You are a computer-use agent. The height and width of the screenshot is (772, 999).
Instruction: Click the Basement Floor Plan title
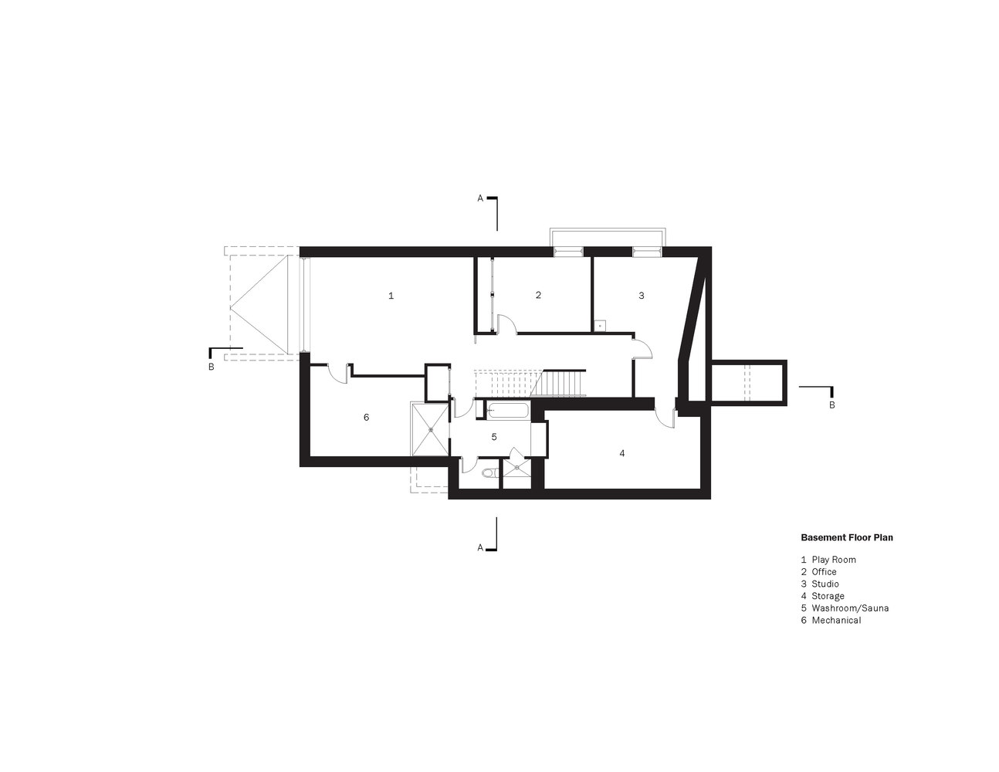coord(847,537)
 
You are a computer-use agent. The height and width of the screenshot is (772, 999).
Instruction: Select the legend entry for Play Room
coord(828,560)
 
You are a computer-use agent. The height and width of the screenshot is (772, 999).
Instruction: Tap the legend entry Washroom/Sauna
coord(845,608)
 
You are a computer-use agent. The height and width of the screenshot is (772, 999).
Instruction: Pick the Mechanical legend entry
coord(831,621)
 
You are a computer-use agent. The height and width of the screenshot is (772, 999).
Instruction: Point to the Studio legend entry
coord(820,584)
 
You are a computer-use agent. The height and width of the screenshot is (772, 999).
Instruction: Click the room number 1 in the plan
coord(391,296)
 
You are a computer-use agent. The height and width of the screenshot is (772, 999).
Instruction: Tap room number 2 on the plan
coord(538,295)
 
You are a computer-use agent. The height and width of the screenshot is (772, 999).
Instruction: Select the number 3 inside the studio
coord(642,296)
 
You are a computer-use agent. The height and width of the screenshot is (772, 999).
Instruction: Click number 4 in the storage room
coord(622,454)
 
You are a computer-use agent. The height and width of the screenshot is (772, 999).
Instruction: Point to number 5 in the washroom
coord(494,436)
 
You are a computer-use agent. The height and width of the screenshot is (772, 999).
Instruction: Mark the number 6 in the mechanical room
coord(366,417)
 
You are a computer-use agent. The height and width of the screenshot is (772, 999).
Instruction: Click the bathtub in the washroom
coord(508,411)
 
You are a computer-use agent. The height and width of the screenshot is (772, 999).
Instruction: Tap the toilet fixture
coord(489,472)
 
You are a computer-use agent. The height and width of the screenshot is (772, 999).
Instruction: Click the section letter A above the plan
coord(480,198)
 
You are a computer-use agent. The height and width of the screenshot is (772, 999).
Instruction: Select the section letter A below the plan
coord(480,548)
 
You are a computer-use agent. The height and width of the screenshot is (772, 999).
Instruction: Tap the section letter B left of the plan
coord(211,367)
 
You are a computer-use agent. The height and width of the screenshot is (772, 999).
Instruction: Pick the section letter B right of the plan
coord(831,405)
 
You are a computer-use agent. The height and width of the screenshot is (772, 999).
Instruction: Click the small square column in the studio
coord(600,326)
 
